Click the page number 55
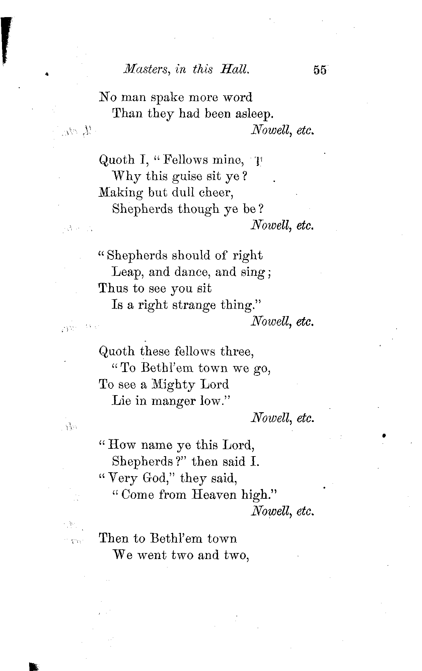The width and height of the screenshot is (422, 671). tap(320, 70)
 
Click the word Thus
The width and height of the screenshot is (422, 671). tap(113, 289)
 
